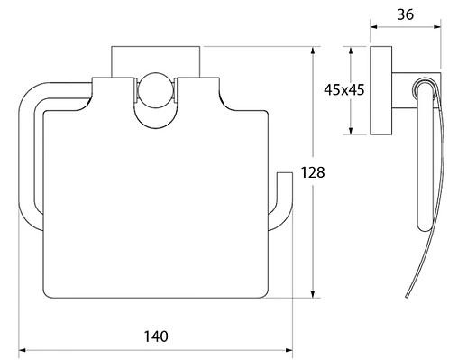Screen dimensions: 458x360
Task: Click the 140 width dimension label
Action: click(x=156, y=337)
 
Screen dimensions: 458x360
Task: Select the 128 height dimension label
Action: click(x=313, y=172)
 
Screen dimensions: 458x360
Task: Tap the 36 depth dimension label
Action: click(x=406, y=14)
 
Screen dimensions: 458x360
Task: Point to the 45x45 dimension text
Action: click(x=344, y=89)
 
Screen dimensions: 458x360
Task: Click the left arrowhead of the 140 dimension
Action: click(x=23, y=350)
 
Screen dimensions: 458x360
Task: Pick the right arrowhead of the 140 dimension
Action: click(x=289, y=350)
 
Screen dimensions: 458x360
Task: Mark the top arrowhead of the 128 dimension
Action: click(x=313, y=51)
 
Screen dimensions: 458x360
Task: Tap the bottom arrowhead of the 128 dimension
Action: click(x=313, y=294)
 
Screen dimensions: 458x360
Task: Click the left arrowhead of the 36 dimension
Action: click(x=374, y=27)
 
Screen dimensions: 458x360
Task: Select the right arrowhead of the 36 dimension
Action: click(x=436, y=27)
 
